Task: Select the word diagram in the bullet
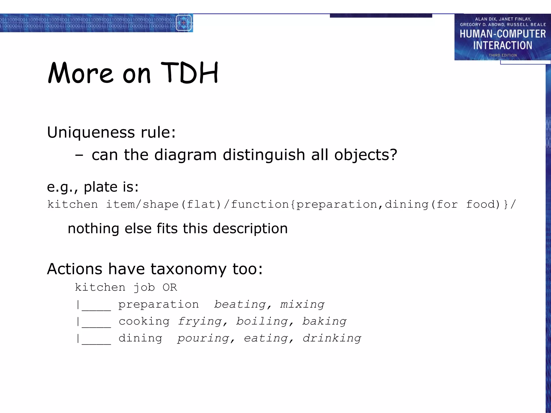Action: click(x=185, y=155)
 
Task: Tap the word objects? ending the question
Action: click(x=366, y=155)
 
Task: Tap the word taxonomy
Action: click(x=188, y=269)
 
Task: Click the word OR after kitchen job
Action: click(x=170, y=287)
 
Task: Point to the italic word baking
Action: click(x=324, y=321)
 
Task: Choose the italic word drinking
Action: click(x=332, y=338)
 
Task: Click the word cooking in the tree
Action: click(x=144, y=321)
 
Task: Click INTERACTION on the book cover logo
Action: click(x=503, y=45)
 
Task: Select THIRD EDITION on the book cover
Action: click(x=503, y=55)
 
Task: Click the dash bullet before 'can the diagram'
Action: click(x=79, y=155)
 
